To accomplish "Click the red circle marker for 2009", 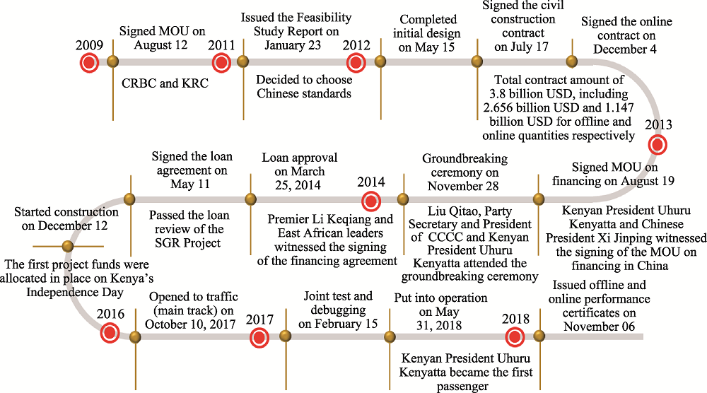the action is (89, 63).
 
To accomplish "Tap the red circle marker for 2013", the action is (658, 145).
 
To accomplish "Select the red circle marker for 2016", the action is (110, 334).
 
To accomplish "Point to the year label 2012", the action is (356, 45).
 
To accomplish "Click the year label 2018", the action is (515, 319).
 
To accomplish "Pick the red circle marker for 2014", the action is (371, 201).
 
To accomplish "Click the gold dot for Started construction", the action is (68, 246).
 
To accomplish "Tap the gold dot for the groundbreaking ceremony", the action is (403, 199).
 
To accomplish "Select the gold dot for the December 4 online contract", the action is (572, 61).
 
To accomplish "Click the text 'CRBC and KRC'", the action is (165, 83).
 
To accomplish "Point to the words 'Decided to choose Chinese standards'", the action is (304, 86).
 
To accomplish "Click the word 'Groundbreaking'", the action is (465, 158).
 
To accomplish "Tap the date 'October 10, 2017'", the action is (190, 324).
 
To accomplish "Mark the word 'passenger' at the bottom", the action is (462, 387).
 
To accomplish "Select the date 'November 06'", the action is (599, 327).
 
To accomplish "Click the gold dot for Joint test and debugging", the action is (286, 336).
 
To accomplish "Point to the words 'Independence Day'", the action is (75, 293).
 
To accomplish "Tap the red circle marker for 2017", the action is (259, 338).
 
